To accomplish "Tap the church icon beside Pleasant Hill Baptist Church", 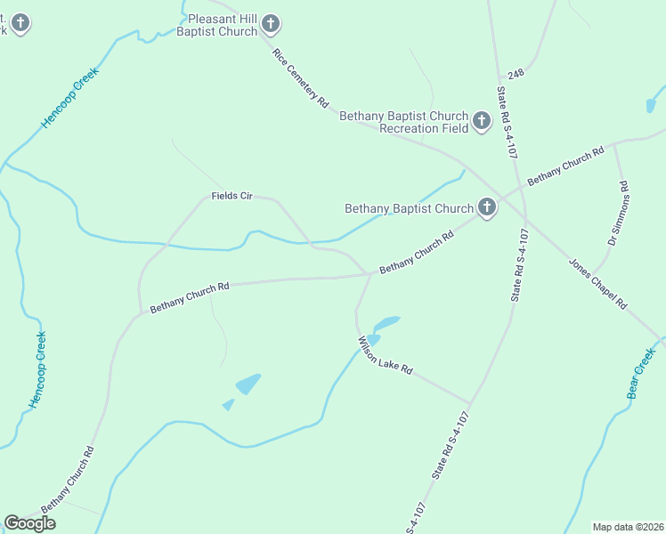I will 271,23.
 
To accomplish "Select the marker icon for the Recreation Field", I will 482,120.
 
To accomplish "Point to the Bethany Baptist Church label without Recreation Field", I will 409,209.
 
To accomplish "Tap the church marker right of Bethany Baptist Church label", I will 486,207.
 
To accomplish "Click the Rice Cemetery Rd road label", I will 302,78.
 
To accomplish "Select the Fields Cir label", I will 232,196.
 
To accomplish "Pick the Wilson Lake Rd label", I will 386,355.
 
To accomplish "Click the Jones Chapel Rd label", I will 597,283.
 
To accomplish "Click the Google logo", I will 29,523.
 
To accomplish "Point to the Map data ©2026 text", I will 628,526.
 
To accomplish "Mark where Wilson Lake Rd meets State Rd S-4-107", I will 471,403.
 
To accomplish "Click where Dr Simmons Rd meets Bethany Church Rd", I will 614,145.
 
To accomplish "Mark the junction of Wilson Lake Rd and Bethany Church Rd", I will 370,274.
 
